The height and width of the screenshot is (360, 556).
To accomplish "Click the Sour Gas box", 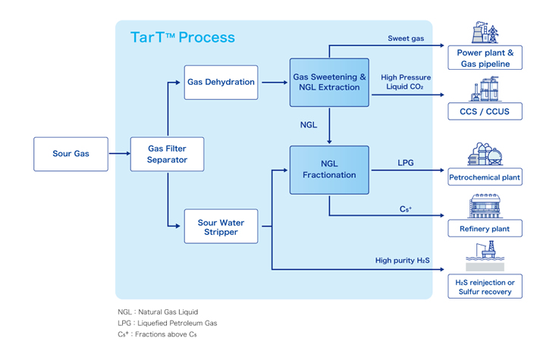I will click(71, 154).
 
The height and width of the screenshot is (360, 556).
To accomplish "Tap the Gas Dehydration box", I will click(221, 82).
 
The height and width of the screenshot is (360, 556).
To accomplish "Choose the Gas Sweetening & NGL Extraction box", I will click(329, 82).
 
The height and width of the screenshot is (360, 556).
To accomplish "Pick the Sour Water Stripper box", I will click(221, 226).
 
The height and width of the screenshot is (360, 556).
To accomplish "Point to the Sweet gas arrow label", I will click(406, 38).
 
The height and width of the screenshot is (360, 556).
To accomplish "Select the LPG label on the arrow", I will click(406, 162).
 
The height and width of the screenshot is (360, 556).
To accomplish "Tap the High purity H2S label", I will click(403, 261).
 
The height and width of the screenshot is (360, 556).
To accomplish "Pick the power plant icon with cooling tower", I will click(475, 33).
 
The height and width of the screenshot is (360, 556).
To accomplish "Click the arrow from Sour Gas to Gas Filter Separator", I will click(118, 154).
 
